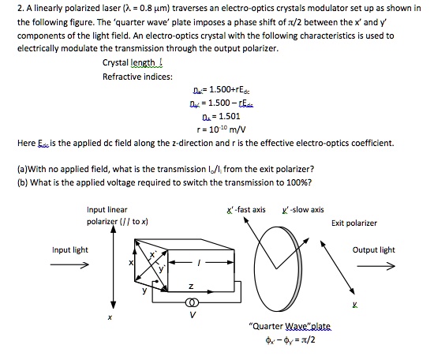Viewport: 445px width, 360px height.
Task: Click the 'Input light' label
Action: point(69,250)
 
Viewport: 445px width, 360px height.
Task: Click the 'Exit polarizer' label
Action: point(354,223)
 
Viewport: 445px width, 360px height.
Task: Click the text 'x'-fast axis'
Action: point(246,209)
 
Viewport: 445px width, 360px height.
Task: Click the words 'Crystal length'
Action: point(129,62)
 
